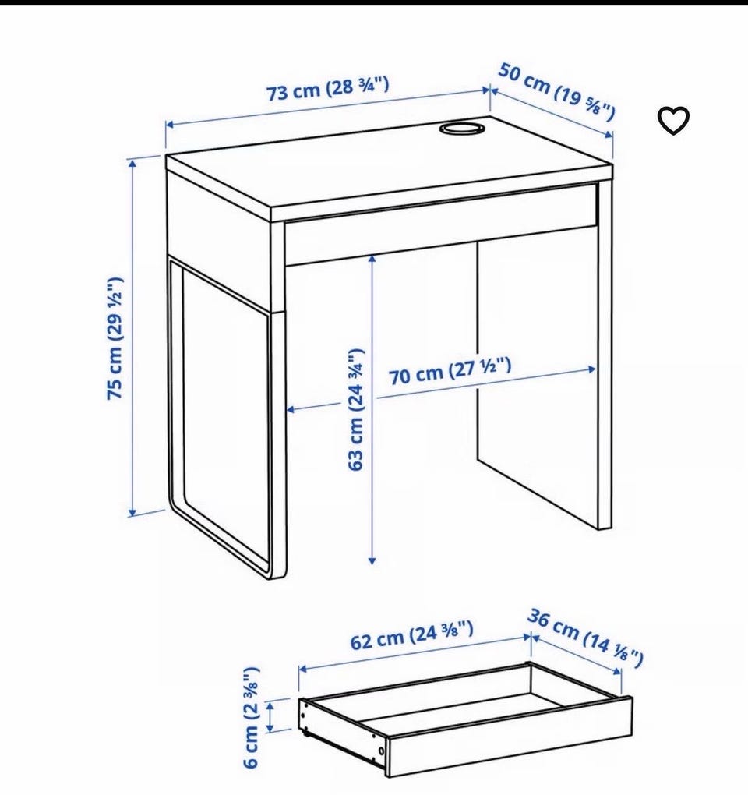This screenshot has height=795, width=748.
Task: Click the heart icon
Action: [673, 121]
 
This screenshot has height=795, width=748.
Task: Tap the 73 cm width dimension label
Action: [328, 88]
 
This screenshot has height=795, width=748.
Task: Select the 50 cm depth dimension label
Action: [557, 91]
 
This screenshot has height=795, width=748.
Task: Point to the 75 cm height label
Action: [115, 338]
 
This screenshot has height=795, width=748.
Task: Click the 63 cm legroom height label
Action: [356, 409]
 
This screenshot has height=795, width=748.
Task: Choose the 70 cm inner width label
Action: [450, 371]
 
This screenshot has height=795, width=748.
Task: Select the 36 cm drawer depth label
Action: [585, 638]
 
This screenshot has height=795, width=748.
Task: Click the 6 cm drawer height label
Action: [252, 717]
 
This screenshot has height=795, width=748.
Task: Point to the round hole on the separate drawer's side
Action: [380, 751]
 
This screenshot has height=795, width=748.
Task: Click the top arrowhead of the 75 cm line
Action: [133, 163]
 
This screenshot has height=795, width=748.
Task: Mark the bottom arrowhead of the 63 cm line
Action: [372, 560]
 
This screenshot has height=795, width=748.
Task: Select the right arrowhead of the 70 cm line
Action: [592, 369]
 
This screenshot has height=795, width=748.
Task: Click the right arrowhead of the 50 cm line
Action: [609, 135]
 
